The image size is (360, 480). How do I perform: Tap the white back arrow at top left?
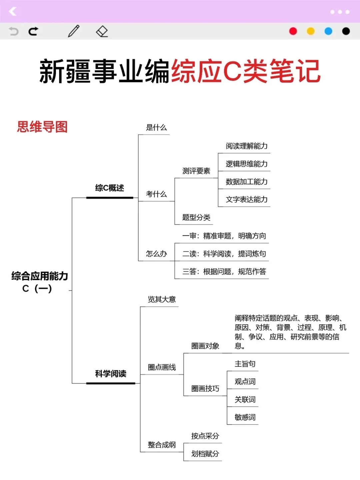click(x=13, y=12)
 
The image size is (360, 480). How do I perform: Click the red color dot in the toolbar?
click(x=293, y=31)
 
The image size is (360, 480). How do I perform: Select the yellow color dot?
click(x=311, y=31)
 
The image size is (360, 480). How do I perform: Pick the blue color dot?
click(x=328, y=31)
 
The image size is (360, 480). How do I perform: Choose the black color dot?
click(x=346, y=31)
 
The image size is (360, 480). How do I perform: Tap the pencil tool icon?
click(x=74, y=31)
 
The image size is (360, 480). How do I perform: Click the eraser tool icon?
click(x=102, y=31)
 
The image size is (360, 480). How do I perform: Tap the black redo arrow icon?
click(x=33, y=31)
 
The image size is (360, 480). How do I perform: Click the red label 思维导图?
click(x=42, y=127)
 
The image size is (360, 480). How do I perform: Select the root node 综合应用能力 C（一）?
click(x=39, y=282)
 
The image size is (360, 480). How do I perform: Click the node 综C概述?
click(x=109, y=188)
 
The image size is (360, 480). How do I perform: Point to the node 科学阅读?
click(x=111, y=374)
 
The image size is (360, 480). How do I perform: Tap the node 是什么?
click(x=156, y=127)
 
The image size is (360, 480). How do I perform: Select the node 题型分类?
click(x=196, y=218)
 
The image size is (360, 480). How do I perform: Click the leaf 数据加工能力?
click(x=247, y=182)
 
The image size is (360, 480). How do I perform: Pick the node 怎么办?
click(x=156, y=254)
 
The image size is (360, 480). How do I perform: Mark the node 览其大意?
click(x=162, y=299)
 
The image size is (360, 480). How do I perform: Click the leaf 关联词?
click(x=245, y=399)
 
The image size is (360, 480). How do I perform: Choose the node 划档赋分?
click(x=205, y=454)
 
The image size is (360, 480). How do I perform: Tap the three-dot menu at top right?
click(x=340, y=12)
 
